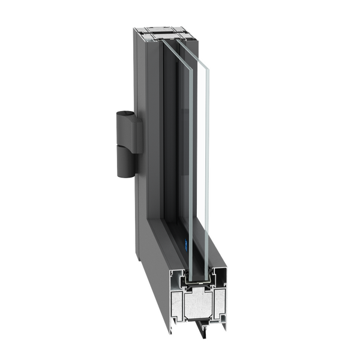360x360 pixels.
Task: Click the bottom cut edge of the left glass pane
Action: click(x=191, y=275)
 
